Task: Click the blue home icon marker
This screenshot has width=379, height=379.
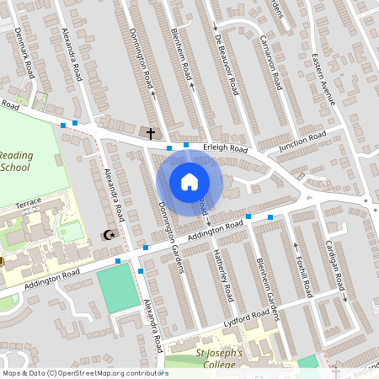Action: tap(189, 182)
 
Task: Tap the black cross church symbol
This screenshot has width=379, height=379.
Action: tap(152, 133)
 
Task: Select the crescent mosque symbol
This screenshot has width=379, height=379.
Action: tap(108, 236)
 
